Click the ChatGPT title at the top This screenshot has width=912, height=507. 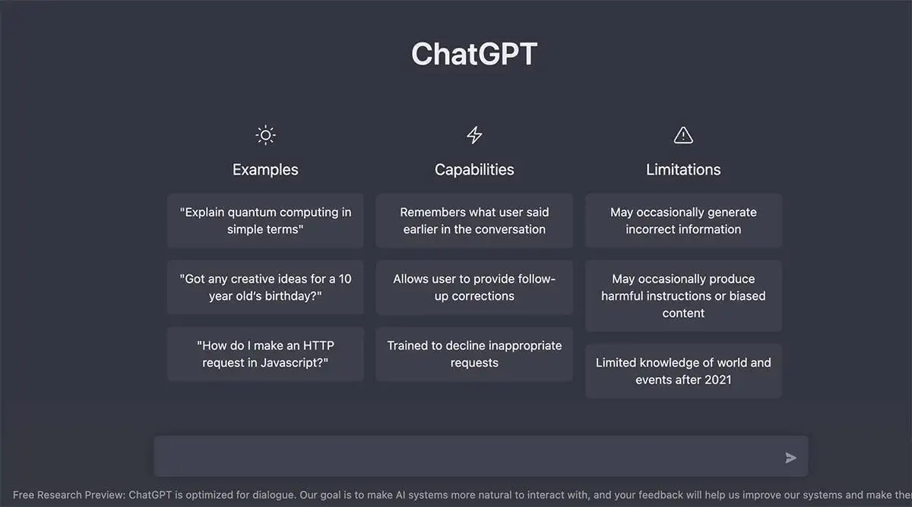[x=474, y=54]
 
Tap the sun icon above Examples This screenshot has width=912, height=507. [x=265, y=135]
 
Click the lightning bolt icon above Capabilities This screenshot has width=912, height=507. [x=474, y=135]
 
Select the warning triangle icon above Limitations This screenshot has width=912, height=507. [x=683, y=135]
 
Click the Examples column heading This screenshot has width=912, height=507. [x=265, y=170]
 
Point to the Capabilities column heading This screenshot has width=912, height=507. [x=474, y=170]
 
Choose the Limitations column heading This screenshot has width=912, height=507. [x=683, y=170]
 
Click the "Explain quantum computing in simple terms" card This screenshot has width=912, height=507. [x=265, y=220]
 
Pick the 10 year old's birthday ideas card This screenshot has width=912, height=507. [x=265, y=287]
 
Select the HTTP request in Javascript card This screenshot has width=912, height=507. [x=265, y=353]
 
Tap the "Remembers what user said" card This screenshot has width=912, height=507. [x=474, y=220]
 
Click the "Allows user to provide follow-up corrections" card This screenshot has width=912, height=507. [x=474, y=287]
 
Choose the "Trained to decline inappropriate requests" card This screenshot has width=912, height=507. [x=474, y=353]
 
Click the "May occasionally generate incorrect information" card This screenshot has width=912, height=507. [x=683, y=220]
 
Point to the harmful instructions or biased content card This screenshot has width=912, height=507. [x=683, y=296]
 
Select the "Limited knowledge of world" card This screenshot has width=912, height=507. [x=683, y=371]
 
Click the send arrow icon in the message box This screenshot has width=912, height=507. [x=791, y=458]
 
